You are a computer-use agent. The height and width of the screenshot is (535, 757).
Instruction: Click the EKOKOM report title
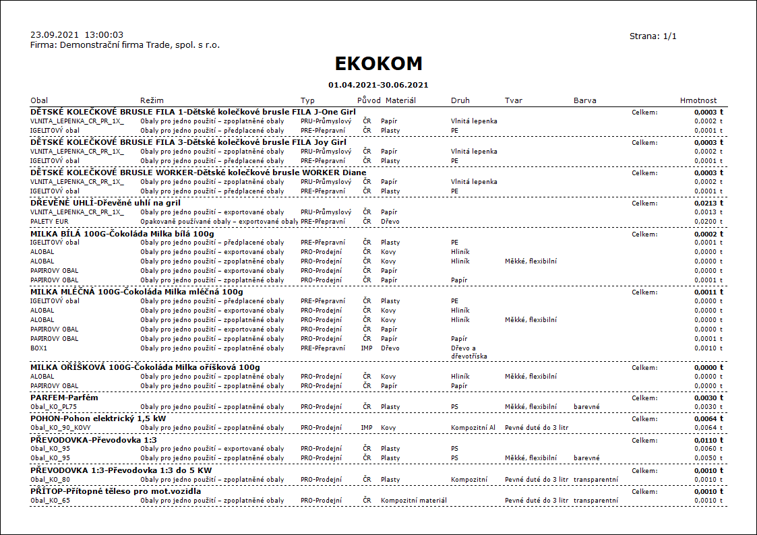coord(378,63)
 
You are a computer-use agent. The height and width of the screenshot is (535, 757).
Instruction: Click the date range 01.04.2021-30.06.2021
coord(378,85)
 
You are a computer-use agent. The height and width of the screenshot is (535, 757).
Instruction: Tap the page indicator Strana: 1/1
coord(653,36)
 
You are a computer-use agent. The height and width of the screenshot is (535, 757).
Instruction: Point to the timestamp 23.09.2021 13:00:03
coord(77,34)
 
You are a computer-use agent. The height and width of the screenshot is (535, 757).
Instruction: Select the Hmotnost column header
coord(698,100)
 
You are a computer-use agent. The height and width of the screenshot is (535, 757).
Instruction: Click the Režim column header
coord(152,100)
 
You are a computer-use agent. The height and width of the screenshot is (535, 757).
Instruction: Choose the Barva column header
coord(584,100)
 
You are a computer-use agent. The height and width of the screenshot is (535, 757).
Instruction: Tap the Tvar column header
coord(513,100)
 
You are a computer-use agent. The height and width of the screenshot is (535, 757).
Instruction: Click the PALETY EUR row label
coord(49,221)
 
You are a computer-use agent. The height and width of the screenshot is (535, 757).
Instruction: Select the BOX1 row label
coord(40,348)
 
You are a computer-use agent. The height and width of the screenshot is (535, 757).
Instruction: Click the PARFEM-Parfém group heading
coord(65,398)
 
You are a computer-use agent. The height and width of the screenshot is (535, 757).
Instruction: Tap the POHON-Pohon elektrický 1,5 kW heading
coord(98,418)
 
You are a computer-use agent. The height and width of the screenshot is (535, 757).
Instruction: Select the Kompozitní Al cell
coord(473,427)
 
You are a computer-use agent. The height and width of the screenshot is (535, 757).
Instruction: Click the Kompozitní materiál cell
coord(414,501)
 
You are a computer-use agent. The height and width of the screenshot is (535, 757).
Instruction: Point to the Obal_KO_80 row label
coord(51,480)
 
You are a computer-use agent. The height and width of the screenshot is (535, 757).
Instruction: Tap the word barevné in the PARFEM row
coord(586,406)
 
